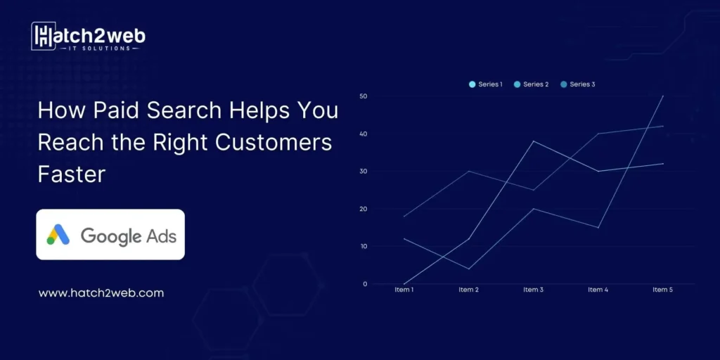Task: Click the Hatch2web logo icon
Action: click(x=44, y=35)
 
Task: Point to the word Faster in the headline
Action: click(x=71, y=173)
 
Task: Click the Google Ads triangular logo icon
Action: click(x=58, y=235)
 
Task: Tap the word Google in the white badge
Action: click(x=111, y=236)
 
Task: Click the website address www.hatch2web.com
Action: click(x=101, y=292)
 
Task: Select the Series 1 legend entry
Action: click(x=486, y=84)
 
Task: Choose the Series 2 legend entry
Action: click(x=532, y=84)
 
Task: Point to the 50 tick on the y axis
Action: click(x=364, y=96)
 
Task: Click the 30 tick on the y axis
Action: click(x=364, y=171)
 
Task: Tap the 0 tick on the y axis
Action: click(x=366, y=284)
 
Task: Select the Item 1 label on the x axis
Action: click(x=404, y=290)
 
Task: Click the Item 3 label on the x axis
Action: click(x=533, y=290)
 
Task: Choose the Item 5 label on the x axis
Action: click(x=662, y=290)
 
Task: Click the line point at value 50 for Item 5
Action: click(x=663, y=96)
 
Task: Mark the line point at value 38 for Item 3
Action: click(x=533, y=141)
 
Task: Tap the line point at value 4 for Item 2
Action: click(x=468, y=269)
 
